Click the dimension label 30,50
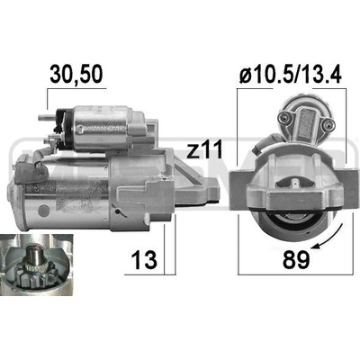point(76,74)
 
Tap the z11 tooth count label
point(204,149)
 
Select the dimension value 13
point(144,259)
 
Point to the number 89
point(296,259)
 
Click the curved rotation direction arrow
point(329,238)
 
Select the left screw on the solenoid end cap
point(283,117)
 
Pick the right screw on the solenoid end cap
point(328,122)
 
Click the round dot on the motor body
point(44,210)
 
